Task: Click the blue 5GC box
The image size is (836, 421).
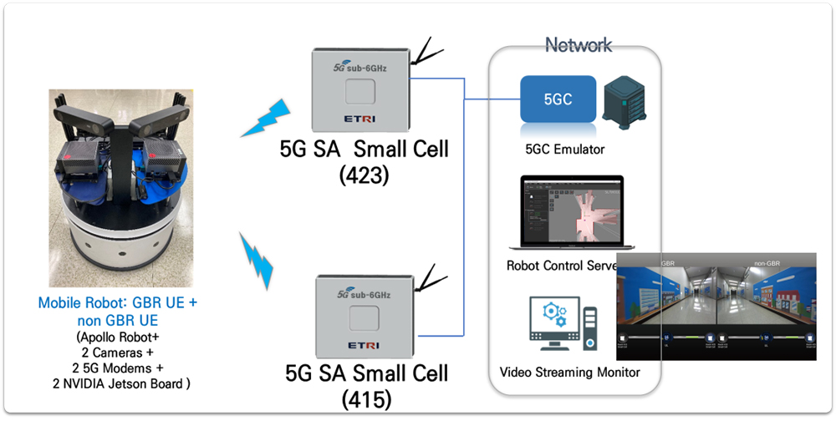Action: click(558, 99)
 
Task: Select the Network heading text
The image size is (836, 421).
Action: click(578, 45)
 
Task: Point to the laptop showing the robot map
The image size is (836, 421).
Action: click(571, 215)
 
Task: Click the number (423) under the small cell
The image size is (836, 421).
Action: click(364, 177)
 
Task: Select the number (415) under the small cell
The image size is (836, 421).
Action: click(364, 398)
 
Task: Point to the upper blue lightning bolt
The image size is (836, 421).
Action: click(264, 119)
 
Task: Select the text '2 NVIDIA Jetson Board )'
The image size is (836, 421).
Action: click(117, 383)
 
